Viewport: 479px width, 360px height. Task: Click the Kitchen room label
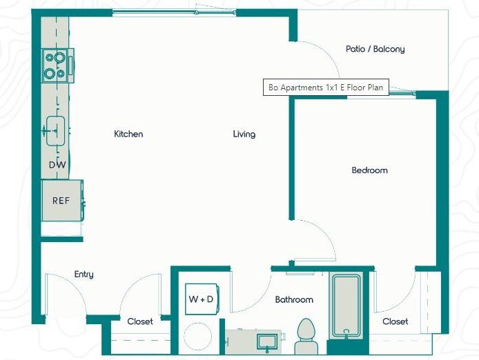[128, 134]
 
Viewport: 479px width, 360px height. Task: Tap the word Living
[244, 134]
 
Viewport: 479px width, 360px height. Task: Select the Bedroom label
[370, 170]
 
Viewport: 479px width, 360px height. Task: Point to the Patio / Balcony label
[375, 49]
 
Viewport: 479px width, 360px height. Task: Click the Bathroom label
[294, 299]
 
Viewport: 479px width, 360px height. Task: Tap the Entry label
[84, 274]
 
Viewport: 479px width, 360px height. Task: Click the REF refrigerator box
[62, 200]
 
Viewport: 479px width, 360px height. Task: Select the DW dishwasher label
[57, 165]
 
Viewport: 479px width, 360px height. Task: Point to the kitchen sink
[55, 131]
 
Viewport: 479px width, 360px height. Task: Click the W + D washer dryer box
[202, 299]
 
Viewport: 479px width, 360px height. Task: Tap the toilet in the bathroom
[306, 337]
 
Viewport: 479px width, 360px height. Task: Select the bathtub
[346, 306]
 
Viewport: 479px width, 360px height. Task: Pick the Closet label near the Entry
[140, 321]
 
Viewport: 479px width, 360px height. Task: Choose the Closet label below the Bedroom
[395, 321]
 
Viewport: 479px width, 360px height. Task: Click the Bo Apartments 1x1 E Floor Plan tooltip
[326, 88]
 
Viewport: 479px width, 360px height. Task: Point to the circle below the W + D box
[198, 337]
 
